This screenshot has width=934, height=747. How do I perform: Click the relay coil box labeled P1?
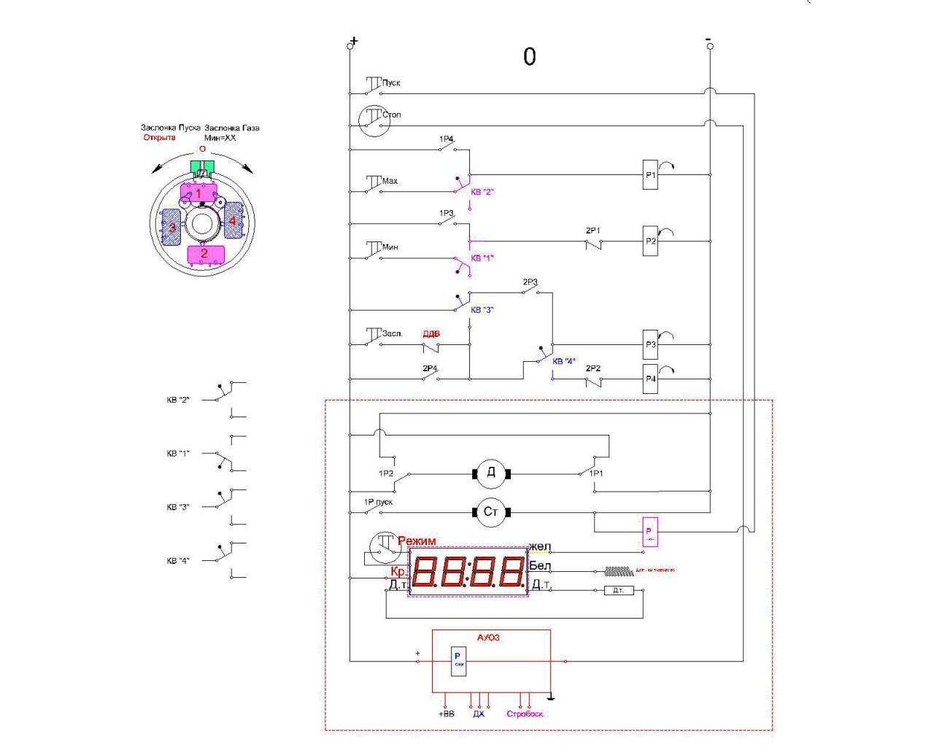[x=650, y=175]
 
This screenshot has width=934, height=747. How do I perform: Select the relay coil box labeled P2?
[x=650, y=241]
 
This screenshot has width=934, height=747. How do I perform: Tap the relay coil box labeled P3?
[x=650, y=344]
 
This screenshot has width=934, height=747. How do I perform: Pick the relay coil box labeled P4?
[x=650, y=379]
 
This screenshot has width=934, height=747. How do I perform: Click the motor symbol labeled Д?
[x=491, y=473]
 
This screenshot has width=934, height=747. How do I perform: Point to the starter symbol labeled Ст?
[x=491, y=512]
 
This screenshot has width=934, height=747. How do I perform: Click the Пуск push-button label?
[x=391, y=83]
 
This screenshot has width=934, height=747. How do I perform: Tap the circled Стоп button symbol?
[x=375, y=120]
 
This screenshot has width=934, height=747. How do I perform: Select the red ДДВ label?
[x=431, y=334]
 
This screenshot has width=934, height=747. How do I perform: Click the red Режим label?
[x=417, y=541]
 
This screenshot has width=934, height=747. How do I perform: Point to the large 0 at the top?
[x=530, y=57]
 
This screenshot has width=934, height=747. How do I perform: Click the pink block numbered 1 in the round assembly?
[x=198, y=194]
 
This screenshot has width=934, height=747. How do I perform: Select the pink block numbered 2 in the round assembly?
[x=204, y=254]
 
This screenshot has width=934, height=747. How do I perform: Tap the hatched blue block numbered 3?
[x=171, y=227]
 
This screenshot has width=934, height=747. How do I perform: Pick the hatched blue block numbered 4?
[x=233, y=221]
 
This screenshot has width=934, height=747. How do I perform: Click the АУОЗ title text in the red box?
[x=489, y=638]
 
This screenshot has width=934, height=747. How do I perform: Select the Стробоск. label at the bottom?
[x=525, y=714]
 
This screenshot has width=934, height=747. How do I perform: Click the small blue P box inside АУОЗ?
[x=458, y=661]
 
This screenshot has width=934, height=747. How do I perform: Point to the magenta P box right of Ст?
[x=650, y=532]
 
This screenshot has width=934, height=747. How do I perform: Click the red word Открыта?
[x=160, y=137]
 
